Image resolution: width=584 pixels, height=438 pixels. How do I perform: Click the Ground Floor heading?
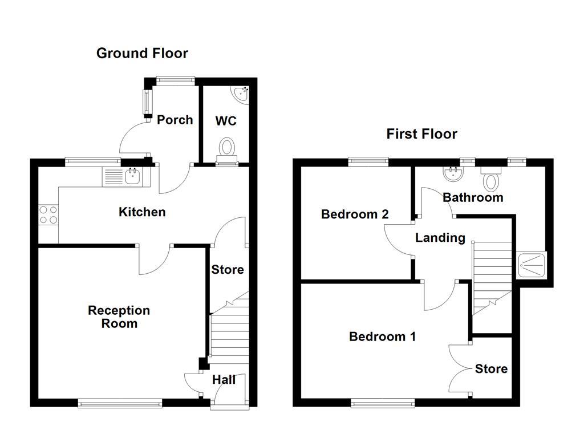pyautogui.click(x=142, y=54)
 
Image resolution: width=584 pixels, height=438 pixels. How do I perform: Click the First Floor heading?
pyautogui.click(x=421, y=134)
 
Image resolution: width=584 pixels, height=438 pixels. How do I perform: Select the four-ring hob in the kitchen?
pyautogui.click(x=48, y=215)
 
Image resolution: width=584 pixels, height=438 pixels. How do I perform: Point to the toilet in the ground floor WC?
pyautogui.click(x=228, y=149)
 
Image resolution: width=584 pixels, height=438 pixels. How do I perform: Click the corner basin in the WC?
pyautogui.click(x=242, y=92)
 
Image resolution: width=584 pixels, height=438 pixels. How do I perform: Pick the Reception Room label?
pyautogui.click(x=119, y=317)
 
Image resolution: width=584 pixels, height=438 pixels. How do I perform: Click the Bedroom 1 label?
pyautogui.click(x=382, y=337)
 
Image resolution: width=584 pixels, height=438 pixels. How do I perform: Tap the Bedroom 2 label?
pyautogui.click(x=355, y=214)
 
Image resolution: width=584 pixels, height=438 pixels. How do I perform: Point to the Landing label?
pyautogui.click(x=440, y=238)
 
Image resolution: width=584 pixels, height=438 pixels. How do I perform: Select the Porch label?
pyautogui.click(x=175, y=120)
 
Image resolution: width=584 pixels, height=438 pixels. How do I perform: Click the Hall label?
pyautogui.click(x=224, y=380)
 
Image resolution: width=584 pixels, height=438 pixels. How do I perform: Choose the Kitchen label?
pyautogui.click(x=142, y=212)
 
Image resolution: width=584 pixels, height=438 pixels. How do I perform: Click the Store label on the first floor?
pyautogui.click(x=491, y=369)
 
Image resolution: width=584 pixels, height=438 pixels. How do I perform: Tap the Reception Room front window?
pyautogui.click(x=120, y=403)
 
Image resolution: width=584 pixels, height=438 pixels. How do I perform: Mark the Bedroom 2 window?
pyautogui.click(x=368, y=162)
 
